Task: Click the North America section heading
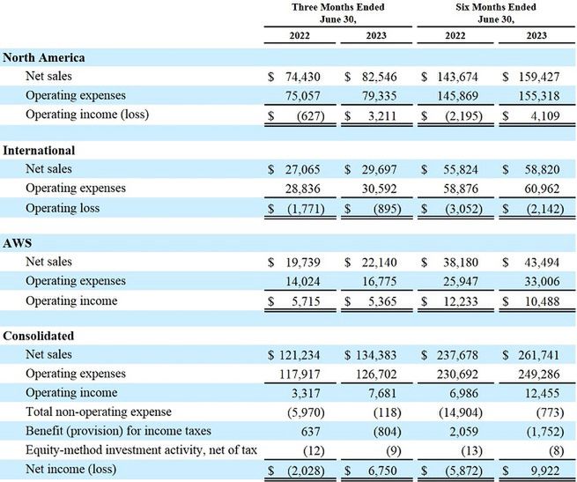[43, 57]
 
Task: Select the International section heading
[39, 151]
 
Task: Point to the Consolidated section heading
[39, 336]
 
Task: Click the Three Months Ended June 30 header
[338, 12]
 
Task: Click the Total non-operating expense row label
[99, 412]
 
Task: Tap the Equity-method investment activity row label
[141, 450]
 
